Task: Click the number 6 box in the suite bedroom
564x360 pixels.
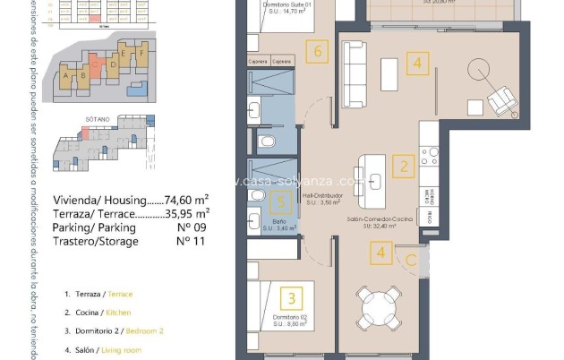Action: (319, 53)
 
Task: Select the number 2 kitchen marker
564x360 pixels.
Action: (404, 166)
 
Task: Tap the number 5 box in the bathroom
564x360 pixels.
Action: (280, 203)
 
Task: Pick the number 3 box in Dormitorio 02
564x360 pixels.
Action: (290, 297)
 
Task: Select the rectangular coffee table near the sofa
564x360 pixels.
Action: (390, 72)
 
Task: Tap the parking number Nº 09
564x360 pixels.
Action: (187, 227)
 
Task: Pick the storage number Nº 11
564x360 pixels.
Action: (187, 242)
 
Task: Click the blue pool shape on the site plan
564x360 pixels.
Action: (137, 89)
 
